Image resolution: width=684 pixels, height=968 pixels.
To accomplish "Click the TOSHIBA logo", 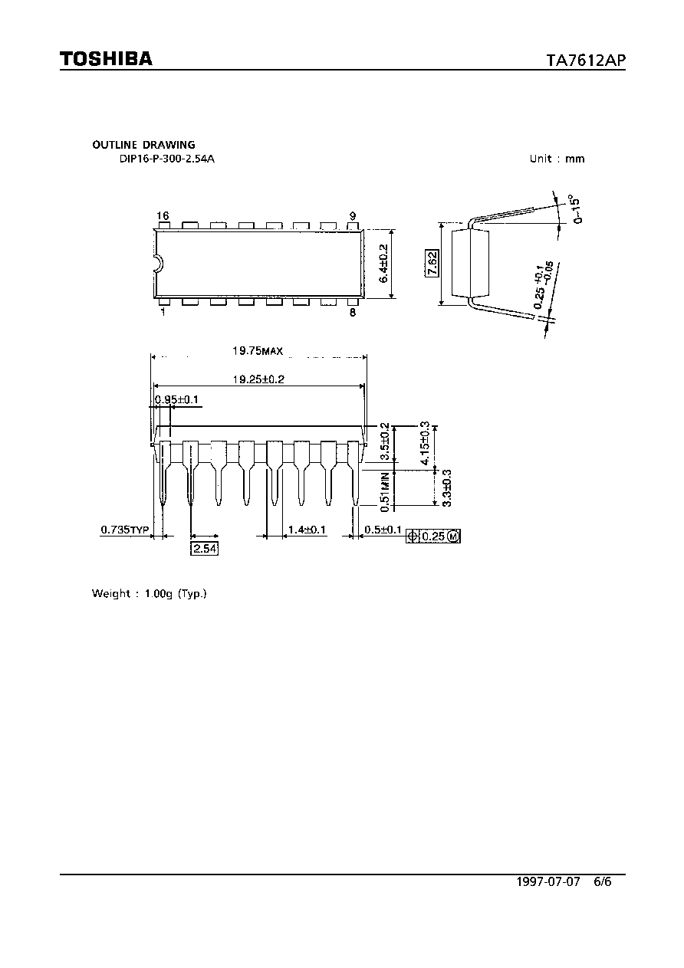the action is pos(106,58).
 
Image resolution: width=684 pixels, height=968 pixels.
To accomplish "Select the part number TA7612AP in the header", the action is pos(586,60).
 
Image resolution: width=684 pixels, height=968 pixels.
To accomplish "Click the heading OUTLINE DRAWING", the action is pos(143,145).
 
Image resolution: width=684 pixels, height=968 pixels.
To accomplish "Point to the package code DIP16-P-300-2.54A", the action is pos(167,159).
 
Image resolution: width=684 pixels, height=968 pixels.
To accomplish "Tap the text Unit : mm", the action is pos(557,159).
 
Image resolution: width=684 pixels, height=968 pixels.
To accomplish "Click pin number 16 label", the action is pos(163,215).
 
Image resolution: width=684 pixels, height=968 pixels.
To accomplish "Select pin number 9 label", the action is pos(353,216).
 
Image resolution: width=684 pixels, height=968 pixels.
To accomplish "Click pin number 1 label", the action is pos(163,312).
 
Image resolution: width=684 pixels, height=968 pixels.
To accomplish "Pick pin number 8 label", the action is pos(353,312).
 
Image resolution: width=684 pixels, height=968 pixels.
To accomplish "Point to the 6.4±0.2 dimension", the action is pos(383,264).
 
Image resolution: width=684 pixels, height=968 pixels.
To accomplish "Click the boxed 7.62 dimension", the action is pos(432,263).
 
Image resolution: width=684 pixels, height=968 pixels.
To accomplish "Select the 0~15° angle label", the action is pos(576,209).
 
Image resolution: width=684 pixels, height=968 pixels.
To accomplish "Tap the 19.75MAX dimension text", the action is pos(258,350).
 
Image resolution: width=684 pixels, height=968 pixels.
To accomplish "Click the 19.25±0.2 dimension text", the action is pos(258,379).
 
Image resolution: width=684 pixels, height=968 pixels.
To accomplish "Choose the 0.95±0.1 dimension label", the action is pos(176,400).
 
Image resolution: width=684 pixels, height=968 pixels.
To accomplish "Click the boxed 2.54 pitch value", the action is pos(205,549).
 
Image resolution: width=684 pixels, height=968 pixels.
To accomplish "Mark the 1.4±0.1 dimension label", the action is pos(307,530).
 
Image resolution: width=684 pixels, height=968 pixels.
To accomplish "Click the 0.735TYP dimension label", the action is pos(124,530).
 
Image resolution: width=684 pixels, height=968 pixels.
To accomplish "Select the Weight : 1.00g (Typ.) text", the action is pos(150,593).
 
